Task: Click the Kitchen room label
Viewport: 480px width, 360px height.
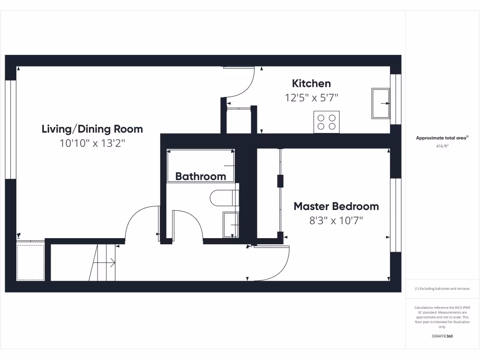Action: tap(311, 83)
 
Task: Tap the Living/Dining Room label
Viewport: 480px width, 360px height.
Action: tap(92, 129)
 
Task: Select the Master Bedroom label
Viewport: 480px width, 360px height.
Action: tap(336, 206)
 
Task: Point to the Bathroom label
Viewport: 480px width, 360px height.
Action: tap(201, 176)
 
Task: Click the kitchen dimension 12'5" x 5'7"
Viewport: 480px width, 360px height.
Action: tap(311, 97)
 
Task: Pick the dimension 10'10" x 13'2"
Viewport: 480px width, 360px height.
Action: tap(92, 143)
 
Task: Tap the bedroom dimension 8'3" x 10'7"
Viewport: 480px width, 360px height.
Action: tap(336, 220)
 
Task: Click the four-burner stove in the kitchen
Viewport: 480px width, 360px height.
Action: tap(326, 122)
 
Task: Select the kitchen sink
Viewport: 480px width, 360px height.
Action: tap(381, 103)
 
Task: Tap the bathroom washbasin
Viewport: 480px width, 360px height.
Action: tap(230, 225)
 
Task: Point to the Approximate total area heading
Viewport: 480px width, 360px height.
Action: tap(442, 138)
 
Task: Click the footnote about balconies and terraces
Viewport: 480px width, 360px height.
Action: tap(442, 289)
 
